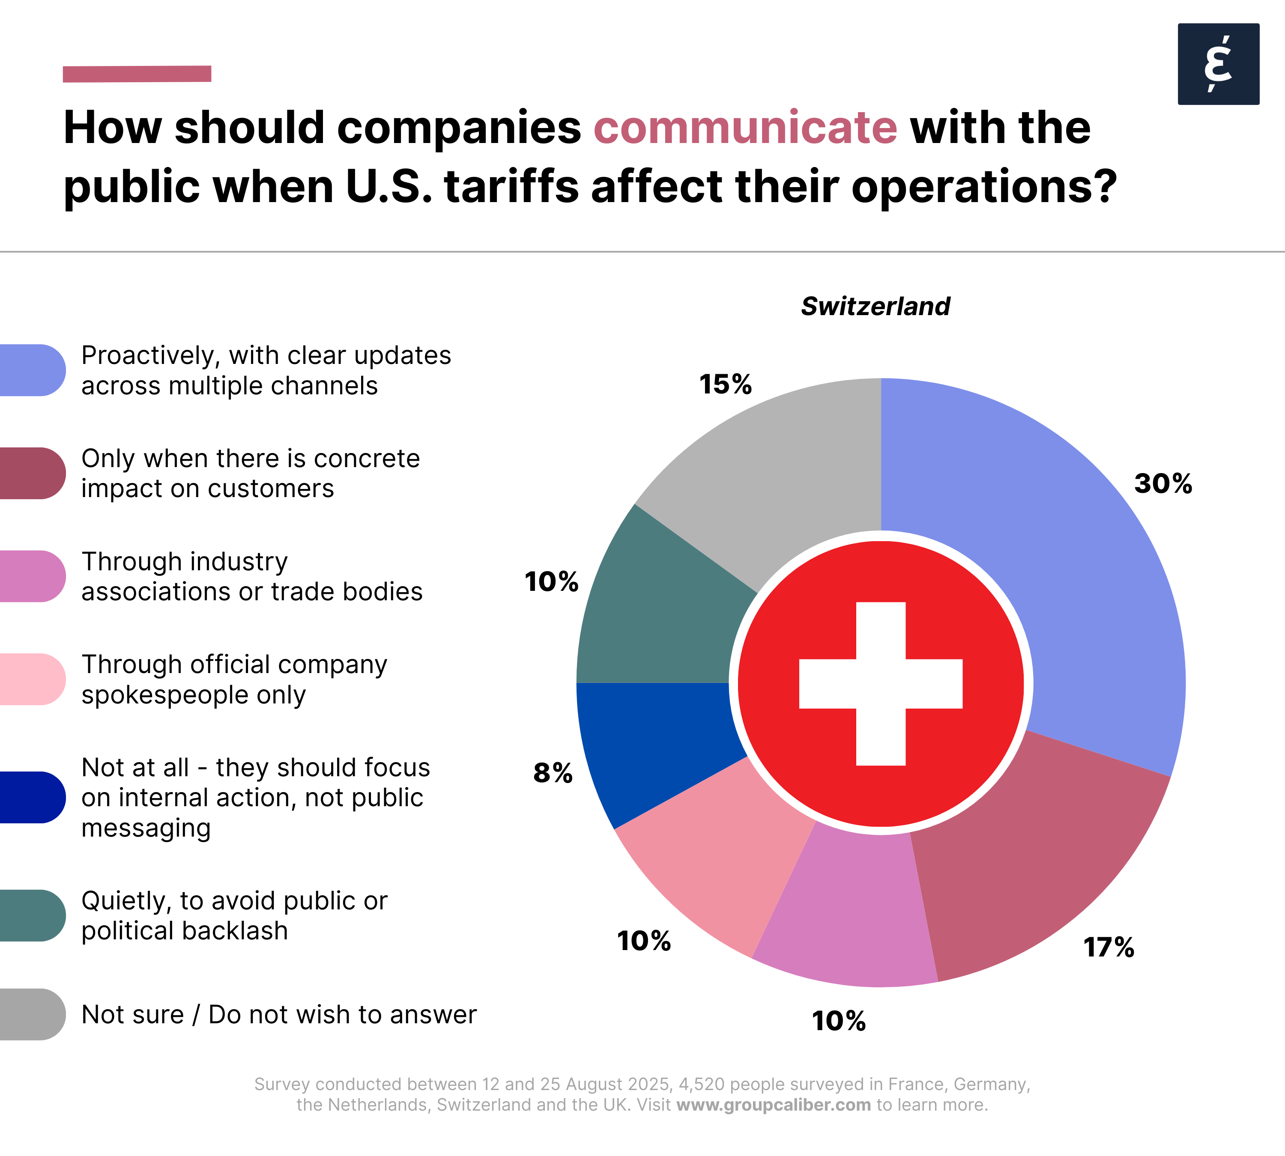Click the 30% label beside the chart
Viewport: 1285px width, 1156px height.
pos(1163,484)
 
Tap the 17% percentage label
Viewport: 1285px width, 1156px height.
pos(1109,947)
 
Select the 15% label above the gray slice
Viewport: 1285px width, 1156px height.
pos(725,384)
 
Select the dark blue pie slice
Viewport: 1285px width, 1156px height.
pos(654,737)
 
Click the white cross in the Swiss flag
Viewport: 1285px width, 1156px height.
pos(881,683)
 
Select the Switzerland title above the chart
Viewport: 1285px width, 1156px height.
pos(875,306)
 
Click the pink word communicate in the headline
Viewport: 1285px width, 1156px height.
pos(745,128)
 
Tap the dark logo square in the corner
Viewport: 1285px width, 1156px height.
pos(1218,64)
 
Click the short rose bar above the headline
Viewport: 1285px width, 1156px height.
pos(137,74)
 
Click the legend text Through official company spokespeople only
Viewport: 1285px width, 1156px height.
pos(234,679)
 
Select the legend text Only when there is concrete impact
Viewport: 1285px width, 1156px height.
pos(251,473)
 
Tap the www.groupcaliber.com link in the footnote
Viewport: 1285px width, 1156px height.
pos(774,1105)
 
